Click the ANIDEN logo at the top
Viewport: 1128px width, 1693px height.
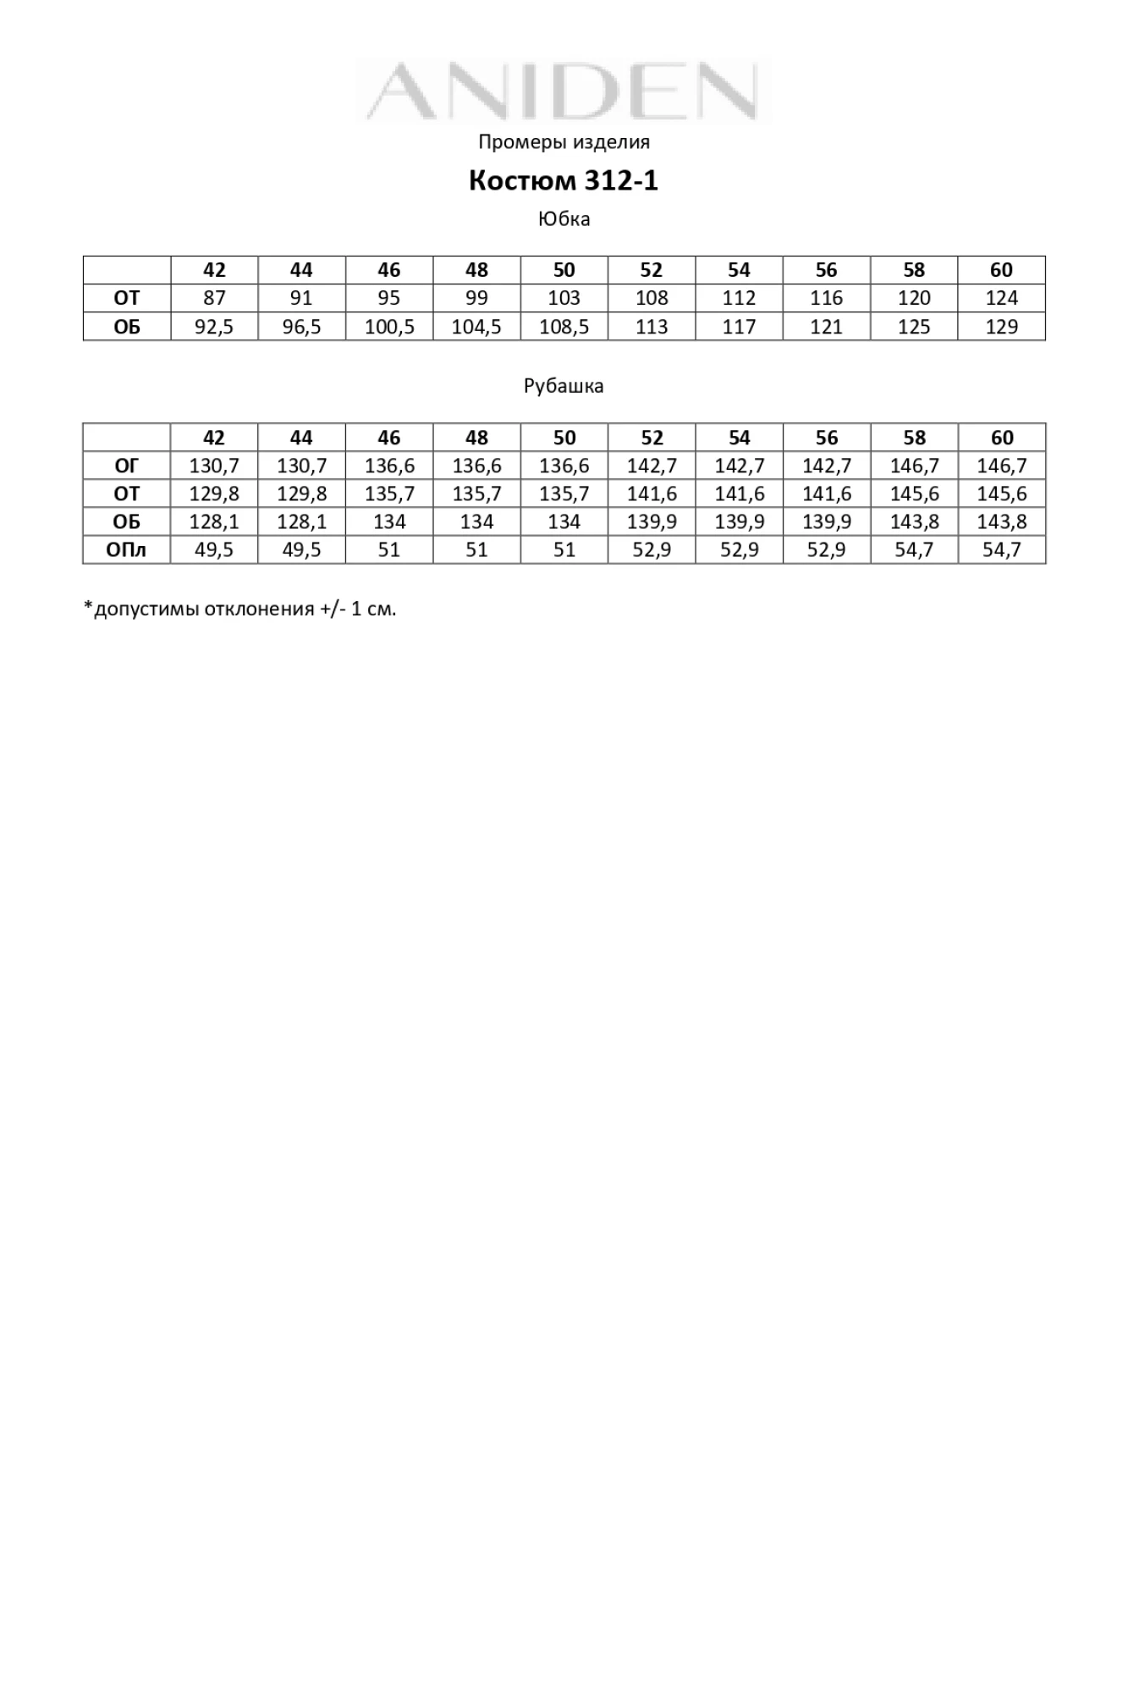pos(564,91)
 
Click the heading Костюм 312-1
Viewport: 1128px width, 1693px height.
pos(564,180)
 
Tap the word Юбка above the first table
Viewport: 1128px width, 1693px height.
pos(564,219)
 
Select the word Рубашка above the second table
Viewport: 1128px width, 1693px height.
pos(564,386)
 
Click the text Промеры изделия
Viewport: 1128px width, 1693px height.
pos(564,141)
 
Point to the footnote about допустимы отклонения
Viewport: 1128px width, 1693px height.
pos(239,609)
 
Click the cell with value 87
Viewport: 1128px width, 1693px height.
pos(214,298)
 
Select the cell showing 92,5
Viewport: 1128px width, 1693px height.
pos(214,327)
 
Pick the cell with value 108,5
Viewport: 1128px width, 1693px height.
pos(564,327)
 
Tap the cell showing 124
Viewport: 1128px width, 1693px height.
pos(1001,298)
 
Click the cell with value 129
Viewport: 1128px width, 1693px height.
pos(1001,327)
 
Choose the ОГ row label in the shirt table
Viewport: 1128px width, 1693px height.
pos(126,466)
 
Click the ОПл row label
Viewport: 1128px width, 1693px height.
pos(126,550)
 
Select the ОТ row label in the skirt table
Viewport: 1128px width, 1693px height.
pos(126,298)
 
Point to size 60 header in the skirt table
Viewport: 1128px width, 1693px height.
pos(1001,270)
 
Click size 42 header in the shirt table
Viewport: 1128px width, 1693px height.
pos(214,438)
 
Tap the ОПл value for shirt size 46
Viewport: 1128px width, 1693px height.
pos(389,550)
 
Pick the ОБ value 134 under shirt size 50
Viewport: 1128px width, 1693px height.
pos(564,521)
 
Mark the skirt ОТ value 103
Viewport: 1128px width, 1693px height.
pos(564,298)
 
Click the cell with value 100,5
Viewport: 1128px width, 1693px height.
pos(389,327)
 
